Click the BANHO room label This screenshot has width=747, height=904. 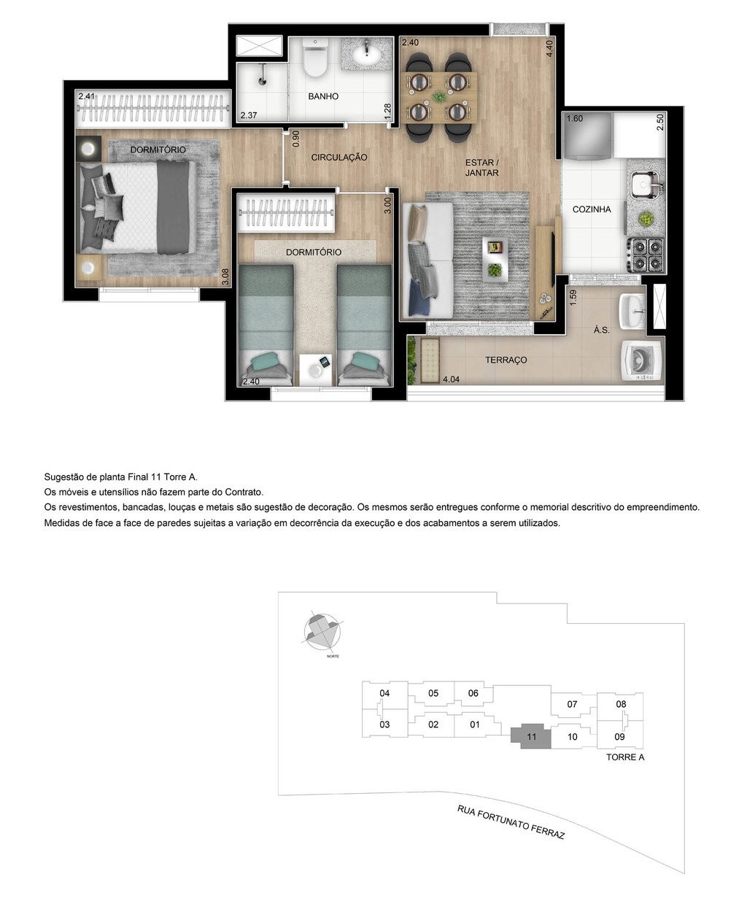pyautogui.click(x=322, y=96)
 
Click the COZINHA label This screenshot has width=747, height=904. pyautogui.click(x=592, y=209)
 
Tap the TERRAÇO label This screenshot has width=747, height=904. pyautogui.click(x=506, y=360)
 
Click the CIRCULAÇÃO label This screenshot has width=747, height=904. pyautogui.click(x=339, y=158)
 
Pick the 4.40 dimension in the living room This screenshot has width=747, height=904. pyautogui.click(x=550, y=48)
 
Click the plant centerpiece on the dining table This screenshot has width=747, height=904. pyautogui.click(x=438, y=96)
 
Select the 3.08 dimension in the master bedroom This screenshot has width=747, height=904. pyautogui.click(x=225, y=277)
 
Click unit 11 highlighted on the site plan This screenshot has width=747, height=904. pyautogui.click(x=531, y=738)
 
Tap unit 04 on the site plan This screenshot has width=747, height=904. pyautogui.click(x=385, y=693)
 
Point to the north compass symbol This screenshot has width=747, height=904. pyautogui.click(x=322, y=631)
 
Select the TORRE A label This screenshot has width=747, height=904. pyautogui.click(x=625, y=757)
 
